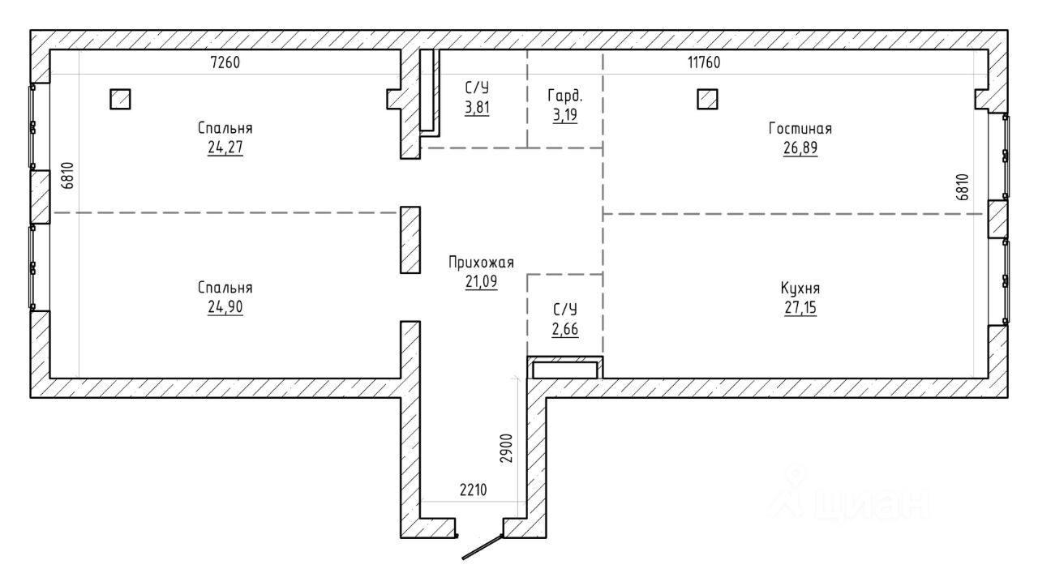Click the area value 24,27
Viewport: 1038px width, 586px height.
(x=225, y=148)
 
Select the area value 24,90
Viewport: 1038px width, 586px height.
(x=225, y=307)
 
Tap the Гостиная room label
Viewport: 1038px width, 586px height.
(x=800, y=128)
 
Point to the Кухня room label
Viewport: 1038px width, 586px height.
(x=800, y=288)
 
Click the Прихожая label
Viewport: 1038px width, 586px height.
(x=481, y=262)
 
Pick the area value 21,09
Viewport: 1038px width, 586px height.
(x=481, y=281)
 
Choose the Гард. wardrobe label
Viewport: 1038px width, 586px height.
(x=565, y=96)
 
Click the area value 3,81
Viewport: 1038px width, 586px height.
(x=477, y=108)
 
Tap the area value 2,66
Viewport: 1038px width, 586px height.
(x=565, y=329)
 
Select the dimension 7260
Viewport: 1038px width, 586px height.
(x=225, y=62)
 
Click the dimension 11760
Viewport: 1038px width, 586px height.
(x=704, y=62)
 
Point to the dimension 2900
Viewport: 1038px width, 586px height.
(x=507, y=448)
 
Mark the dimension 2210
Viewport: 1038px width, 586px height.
(x=473, y=490)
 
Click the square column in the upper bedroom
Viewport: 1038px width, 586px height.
(x=121, y=99)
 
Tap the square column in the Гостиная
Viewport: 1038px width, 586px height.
(x=708, y=99)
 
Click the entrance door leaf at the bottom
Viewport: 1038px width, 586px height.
(x=483, y=547)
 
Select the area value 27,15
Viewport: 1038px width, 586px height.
(x=800, y=308)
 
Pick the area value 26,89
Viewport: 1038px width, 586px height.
(x=800, y=148)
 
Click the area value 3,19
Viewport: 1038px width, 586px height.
(x=565, y=115)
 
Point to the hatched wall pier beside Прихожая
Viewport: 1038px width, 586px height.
(x=410, y=240)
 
